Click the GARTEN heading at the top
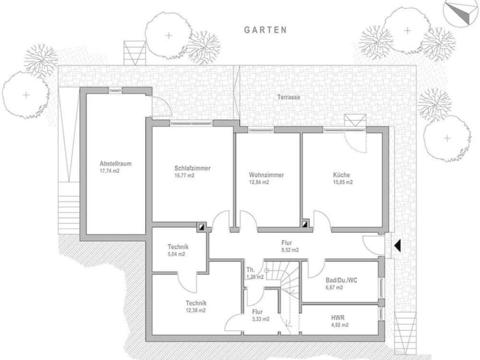coord(265,30)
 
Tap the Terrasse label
coord(288,97)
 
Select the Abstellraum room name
coord(115,164)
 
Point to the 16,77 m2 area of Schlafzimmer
coord(184,176)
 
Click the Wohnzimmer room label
coord(266,175)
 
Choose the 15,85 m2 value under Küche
coord(343,182)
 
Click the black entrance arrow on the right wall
coord(396,246)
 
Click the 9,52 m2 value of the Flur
coord(290,250)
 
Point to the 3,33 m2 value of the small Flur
coord(261,319)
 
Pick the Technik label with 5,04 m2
coord(178,247)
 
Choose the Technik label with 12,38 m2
coord(196,303)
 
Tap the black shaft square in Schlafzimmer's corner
coord(203,225)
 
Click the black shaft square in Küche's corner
coord(305,223)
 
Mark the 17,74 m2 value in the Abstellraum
coord(109,171)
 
